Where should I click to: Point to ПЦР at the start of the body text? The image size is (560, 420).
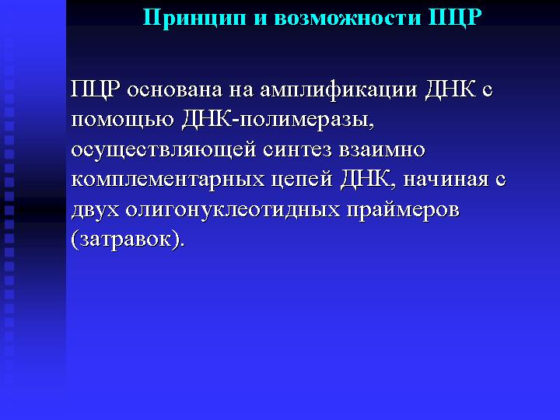pyautogui.click(x=95, y=89)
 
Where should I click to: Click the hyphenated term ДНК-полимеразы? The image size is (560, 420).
pyautogui.click(x=278, y=121)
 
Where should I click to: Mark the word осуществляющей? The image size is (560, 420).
pyautogui.click(x=163, y=151)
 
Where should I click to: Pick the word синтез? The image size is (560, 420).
pyautogui.click(x=297, y=151)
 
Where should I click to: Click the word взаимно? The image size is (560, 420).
pyautogui.click(x=382, y=151)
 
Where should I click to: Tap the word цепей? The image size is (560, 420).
pyautogui.click(x=302, y=180)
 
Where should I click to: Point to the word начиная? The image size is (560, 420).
pyautogui.click(x=446, y=180)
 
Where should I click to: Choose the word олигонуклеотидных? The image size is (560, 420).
pyautogui.click(x=232, y=211)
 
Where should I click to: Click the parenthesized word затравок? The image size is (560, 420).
pyautogui.click(x=128, y=240)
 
